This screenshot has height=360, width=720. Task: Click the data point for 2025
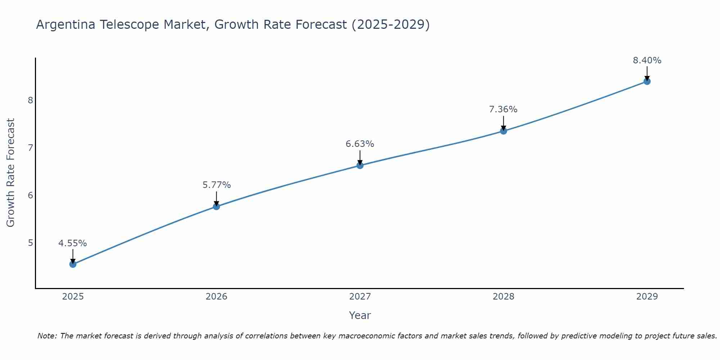pos(73,264)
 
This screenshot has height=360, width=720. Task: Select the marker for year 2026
pos(216,206)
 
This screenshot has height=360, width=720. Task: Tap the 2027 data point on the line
pos(360,166)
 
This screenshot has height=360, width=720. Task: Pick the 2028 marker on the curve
pos(503,131)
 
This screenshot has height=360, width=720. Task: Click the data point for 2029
pos(647,81)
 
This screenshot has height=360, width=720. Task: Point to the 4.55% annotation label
pos(73,243)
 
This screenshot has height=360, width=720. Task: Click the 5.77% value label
pos(216,185)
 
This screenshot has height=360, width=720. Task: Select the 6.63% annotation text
pos(360,144)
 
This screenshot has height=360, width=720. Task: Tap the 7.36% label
pos(503,109)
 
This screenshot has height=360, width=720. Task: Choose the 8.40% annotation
pos(647,60)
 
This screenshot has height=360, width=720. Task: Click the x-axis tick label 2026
pos(216,297)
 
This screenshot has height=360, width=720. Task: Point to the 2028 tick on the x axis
pos(503,297)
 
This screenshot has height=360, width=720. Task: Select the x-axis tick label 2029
pos(647,297)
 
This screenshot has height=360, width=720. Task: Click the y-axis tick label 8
pos(30,100)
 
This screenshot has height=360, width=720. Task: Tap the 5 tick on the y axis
pos(30,243)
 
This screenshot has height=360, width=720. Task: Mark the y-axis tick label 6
pos(30,195)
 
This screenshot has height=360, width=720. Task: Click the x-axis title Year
pos(360,315)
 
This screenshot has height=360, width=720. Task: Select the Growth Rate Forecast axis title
pos(11,173)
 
